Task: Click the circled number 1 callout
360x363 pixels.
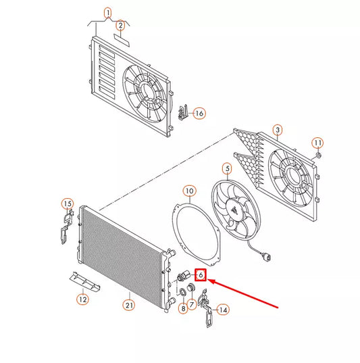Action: coord(108,13)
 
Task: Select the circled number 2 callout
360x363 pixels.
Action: coord(120,25)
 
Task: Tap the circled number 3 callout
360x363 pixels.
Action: coord(278,130)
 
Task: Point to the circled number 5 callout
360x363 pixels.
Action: coord(228,169)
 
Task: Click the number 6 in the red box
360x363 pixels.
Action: coord(201,275)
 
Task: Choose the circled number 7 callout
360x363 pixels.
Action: coord(192,304)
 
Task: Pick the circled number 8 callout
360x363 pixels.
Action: coord(183,309)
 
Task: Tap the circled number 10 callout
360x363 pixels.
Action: coord(190,191)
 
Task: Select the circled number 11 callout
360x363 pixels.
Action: coord(317,143)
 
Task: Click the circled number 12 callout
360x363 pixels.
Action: coord(82,299)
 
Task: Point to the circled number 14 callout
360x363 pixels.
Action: coord(224,310)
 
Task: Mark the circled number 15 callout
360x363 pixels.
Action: coord(68,204)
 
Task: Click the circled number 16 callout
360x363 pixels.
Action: coord(199,114)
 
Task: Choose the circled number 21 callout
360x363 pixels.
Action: coord(129,306)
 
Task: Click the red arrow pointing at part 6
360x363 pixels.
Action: coord(243,293)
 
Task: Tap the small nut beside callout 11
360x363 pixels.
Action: coord(318,155)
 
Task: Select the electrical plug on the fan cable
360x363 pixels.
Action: coord(268,258)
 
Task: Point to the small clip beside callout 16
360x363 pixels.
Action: coord(183,112)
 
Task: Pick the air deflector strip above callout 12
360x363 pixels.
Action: coord(85,281)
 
